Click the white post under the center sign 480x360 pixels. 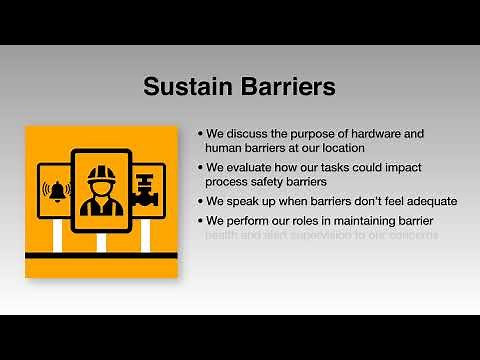[x=101, y=241]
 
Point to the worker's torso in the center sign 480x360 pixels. [x=100, y=206]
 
